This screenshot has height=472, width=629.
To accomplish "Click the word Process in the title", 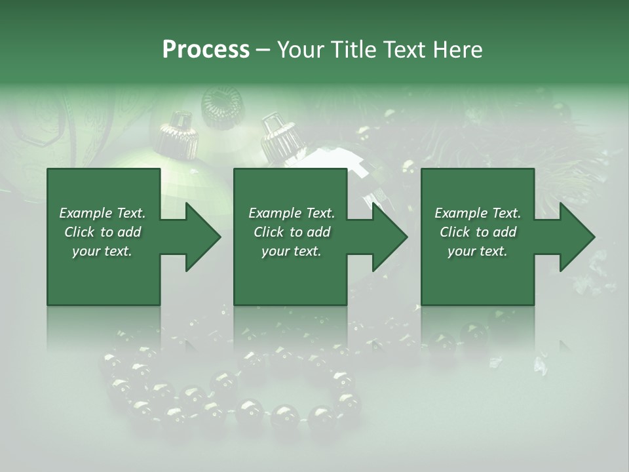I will [x=206, y=50].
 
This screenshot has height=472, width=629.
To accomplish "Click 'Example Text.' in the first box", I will [x=102, y=213].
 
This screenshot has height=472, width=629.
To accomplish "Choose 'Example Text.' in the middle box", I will [x=292, y=213].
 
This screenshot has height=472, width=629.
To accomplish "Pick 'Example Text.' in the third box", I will [x=478, y=213].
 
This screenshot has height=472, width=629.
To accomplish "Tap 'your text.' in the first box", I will [x=102, y=251].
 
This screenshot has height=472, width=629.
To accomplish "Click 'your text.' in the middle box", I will [x=292, y=251].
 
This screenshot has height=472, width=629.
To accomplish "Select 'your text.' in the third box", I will [x=478, y=251].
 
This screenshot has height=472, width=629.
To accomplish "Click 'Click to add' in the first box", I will [x=102, y=232].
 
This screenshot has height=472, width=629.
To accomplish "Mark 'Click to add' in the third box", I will [x=478, y=232].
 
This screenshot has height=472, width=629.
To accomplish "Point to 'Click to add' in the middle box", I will [x=292, y=232].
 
